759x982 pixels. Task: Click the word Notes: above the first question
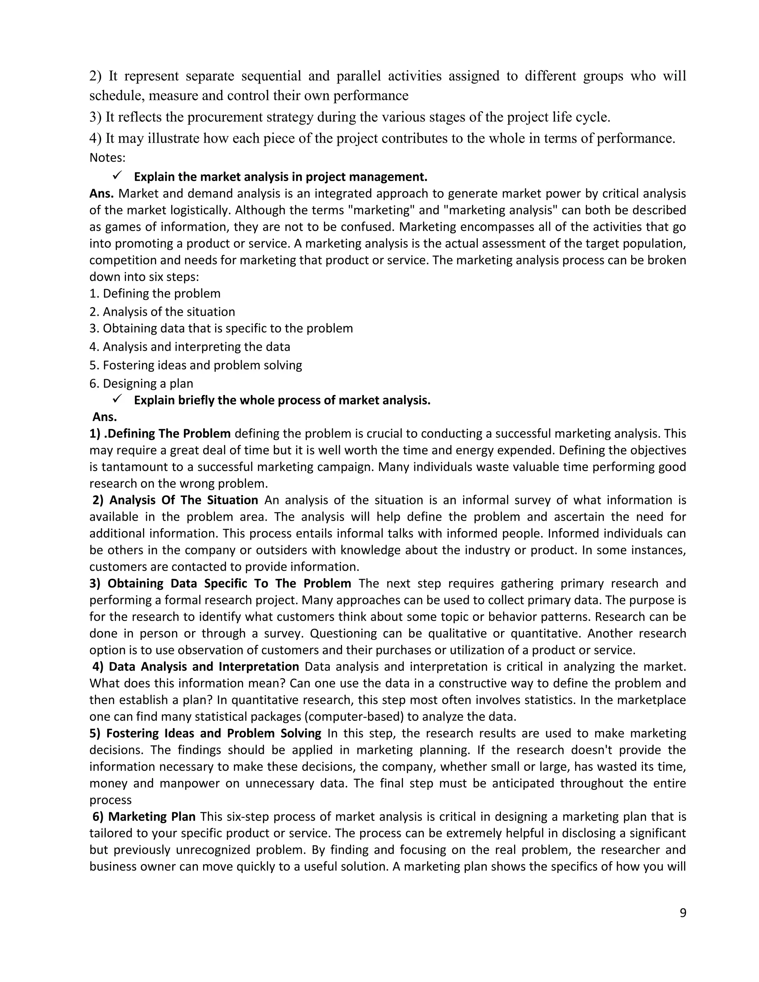[107, 158]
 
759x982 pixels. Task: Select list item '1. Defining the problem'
[155, 293]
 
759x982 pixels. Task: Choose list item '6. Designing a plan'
[141, 384]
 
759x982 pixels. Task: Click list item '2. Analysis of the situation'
[162, 312]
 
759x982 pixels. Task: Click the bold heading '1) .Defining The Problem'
[160, 434]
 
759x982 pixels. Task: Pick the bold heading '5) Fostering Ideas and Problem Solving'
[205, 733]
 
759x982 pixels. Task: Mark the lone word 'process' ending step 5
[110, 800]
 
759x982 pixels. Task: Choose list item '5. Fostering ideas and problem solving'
[196, 365]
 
